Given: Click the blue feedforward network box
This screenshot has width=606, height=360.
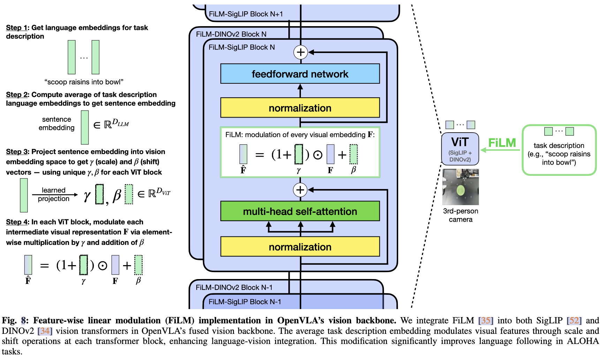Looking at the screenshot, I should [300, 74].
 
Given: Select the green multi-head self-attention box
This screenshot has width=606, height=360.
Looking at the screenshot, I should [300, 211].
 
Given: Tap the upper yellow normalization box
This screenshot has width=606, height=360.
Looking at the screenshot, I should [300, 108].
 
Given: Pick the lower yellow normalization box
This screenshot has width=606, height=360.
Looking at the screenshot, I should [300, 247].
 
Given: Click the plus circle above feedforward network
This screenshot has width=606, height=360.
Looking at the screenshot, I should [300, 52].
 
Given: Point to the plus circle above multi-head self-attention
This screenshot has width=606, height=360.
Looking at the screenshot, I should [300, 190].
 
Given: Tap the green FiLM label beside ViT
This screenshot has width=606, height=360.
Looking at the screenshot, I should [502, 143].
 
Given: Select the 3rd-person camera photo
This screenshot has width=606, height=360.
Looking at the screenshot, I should [460, 187].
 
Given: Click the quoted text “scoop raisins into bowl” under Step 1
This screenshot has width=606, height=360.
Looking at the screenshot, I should [84, 82].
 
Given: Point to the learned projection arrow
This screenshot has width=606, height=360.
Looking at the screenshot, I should [54, 195].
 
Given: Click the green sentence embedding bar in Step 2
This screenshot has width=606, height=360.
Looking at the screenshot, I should [85, 127].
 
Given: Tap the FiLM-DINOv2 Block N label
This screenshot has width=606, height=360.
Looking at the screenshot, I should [231, 34].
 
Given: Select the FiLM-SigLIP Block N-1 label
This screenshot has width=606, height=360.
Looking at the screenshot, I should [244, 302].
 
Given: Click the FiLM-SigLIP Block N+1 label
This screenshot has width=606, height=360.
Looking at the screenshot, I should [246, 14].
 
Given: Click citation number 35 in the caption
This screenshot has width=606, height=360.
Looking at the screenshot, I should [485, 320].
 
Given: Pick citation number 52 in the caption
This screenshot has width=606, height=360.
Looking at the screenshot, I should [574, 320].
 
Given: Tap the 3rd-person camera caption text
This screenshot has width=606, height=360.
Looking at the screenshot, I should [460, 215].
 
